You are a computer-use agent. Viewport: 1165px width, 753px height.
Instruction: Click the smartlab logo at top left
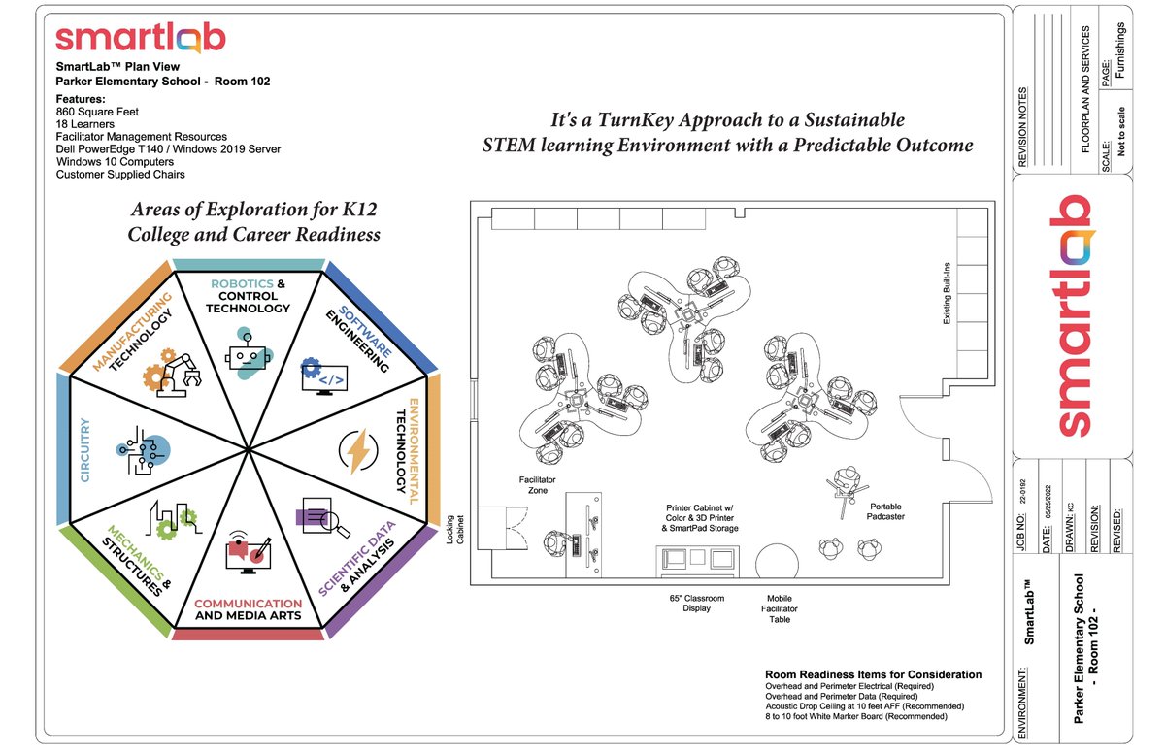(140, 38)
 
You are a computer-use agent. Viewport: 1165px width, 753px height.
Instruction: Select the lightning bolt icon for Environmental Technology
(356, 450)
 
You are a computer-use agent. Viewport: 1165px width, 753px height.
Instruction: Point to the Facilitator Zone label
(533, 485)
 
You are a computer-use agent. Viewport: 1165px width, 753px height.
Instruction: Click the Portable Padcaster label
(885, 511)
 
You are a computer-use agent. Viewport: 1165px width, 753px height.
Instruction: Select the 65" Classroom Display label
(697, 604)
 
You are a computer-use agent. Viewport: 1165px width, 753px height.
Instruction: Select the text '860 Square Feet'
(97, 112)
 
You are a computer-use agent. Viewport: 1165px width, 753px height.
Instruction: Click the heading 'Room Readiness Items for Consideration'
(873, 674)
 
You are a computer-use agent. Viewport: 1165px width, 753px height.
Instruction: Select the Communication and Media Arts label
(248, 609)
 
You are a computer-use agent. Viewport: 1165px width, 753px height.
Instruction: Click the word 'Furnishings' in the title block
(1120, 45)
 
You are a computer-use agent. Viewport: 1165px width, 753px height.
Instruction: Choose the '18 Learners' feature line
(84, 124)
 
